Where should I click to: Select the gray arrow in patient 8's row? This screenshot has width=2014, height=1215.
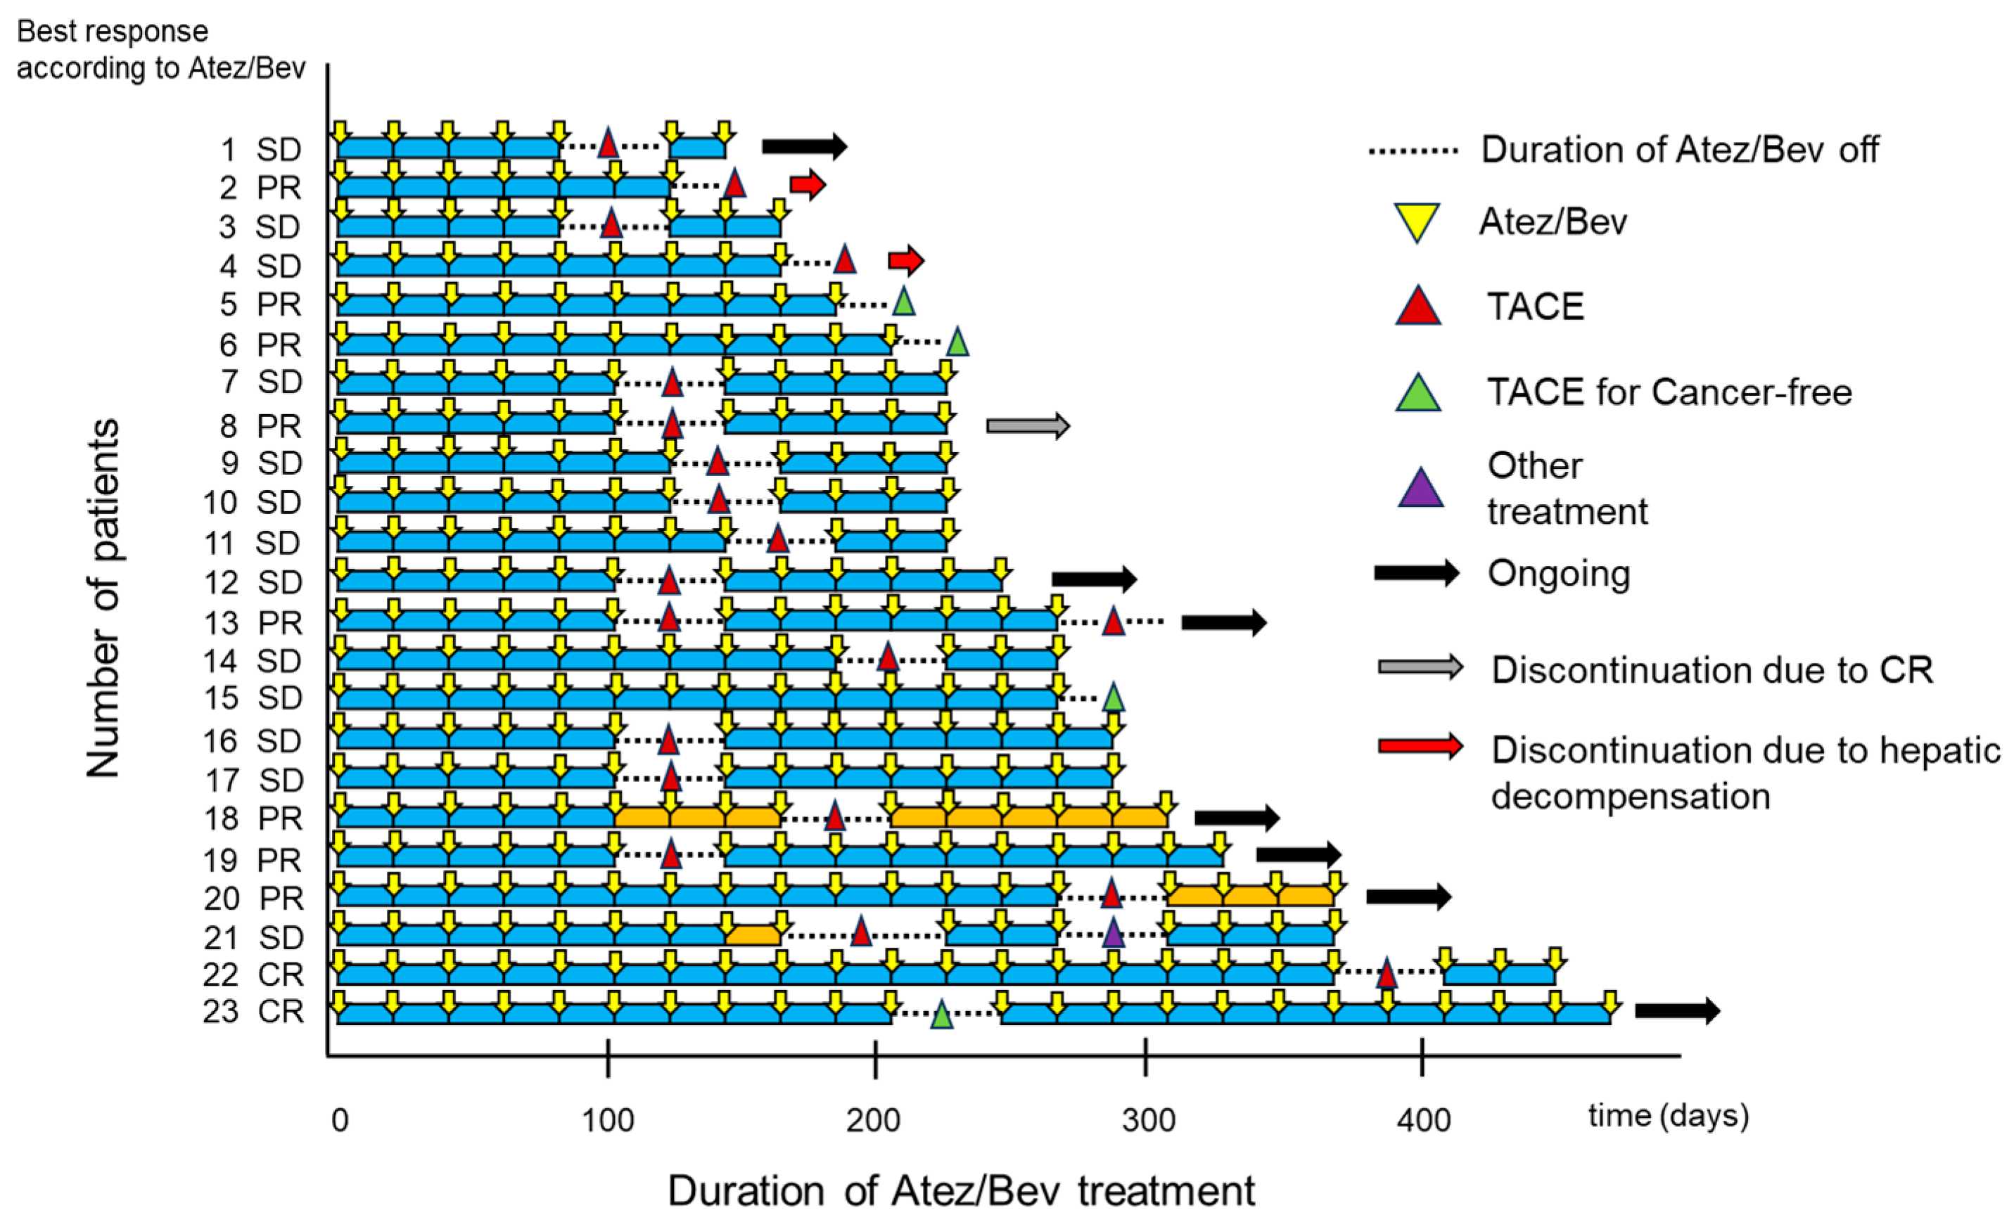click(1028, 425)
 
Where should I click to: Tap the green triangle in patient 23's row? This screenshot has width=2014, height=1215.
click(942, 1015)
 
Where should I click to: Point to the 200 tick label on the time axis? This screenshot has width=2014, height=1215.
click(873, 1119)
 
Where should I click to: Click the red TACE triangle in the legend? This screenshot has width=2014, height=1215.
click(1418, 307)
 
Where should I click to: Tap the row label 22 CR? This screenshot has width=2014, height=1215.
click(253, 974)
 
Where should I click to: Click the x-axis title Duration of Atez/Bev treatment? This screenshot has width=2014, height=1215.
click(960, 1190)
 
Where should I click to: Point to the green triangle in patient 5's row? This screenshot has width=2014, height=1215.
click(903, 302)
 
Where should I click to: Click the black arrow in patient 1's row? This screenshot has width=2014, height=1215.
click(804, 146)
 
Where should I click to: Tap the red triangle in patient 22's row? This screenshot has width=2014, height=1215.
click(1387, 974)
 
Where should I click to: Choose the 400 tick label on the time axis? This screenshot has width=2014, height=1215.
click(1423, 1119)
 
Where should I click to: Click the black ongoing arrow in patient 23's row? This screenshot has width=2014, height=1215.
click(1677, 1010)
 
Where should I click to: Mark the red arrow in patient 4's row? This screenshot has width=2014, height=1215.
click(905, 261)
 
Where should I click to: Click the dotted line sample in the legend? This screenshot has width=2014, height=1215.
click(1413, 150)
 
